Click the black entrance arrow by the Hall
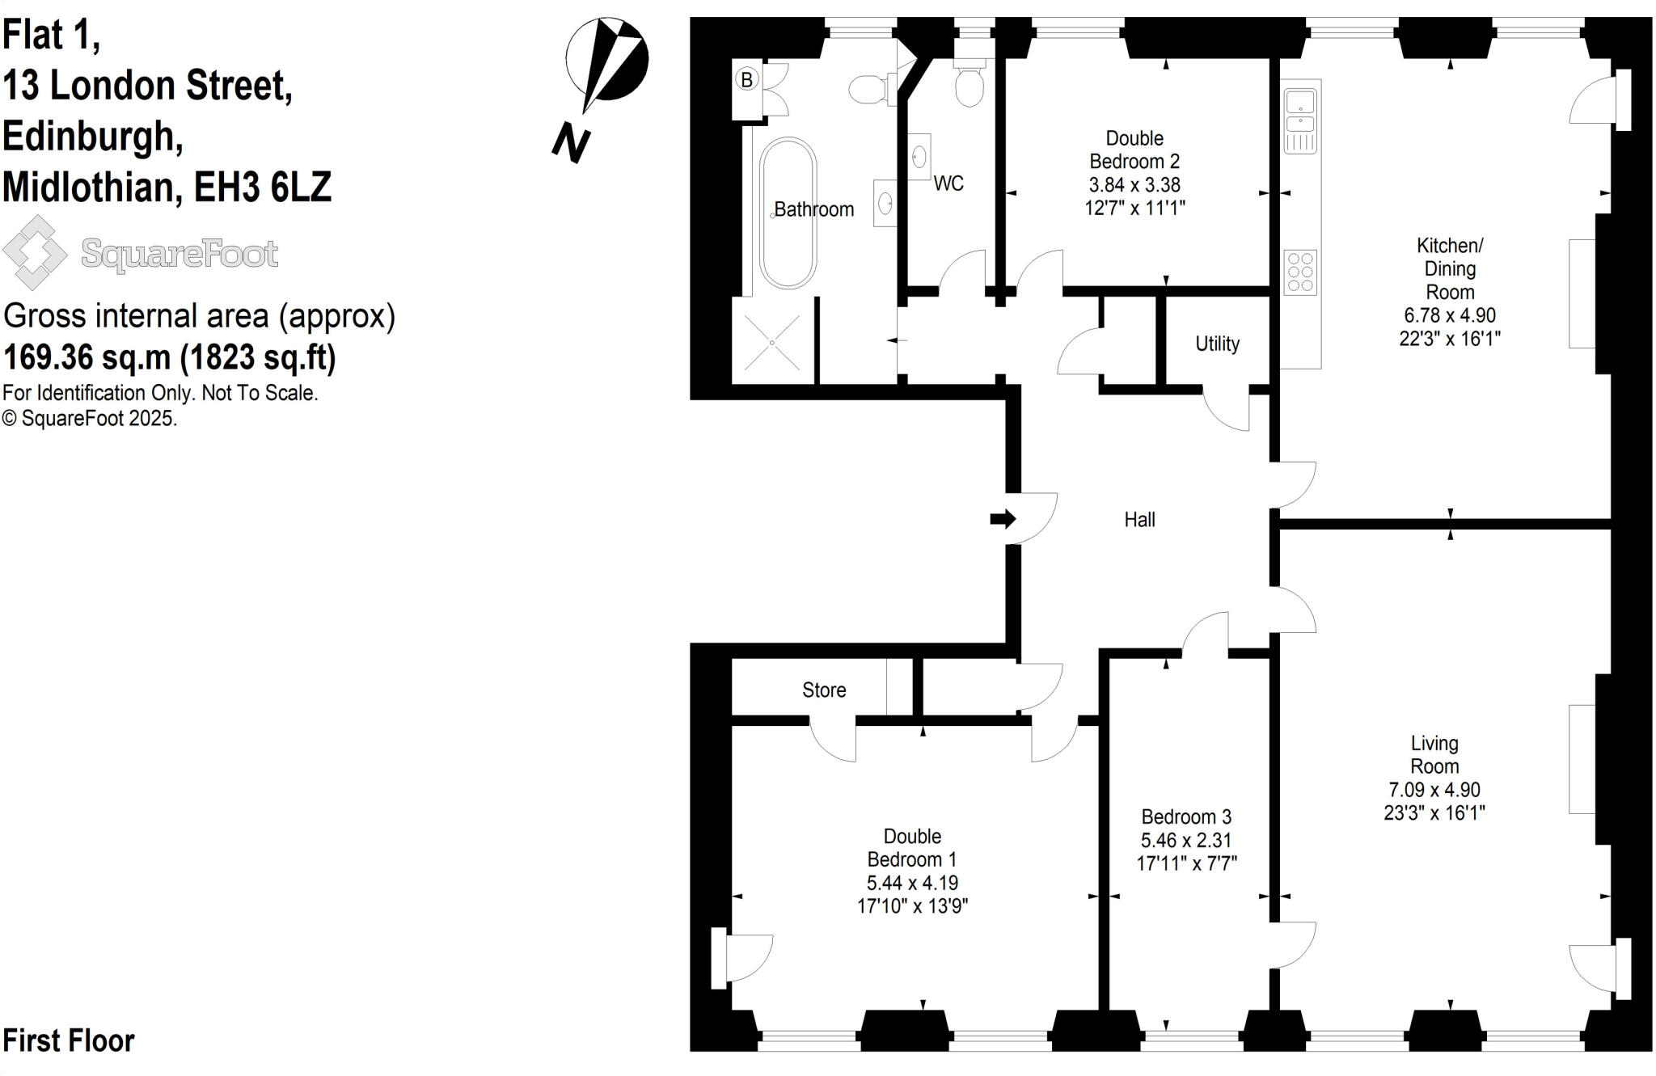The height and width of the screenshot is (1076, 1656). coord(1003,518)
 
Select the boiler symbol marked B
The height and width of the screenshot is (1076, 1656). coord(747,80)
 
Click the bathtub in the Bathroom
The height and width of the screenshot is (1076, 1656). coord(788,213)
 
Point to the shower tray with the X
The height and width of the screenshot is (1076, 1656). coord(772,343)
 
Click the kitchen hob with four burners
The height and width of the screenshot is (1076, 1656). coord(1300,272)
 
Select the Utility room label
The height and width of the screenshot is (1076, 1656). coord(1217,344)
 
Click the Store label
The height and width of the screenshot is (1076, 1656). coord(824,690)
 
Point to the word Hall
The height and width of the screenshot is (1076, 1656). coord(1139,520)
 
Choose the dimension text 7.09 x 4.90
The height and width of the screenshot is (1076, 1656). coord(1434,790)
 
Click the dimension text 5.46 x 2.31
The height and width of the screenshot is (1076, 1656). coord(1186,840)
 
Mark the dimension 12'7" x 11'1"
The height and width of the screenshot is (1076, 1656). coord(1134,208)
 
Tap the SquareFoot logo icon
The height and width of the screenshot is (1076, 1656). coord(34,252)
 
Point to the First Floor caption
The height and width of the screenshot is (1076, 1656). coord(69,1040)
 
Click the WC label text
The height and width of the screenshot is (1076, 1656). coord(948,184)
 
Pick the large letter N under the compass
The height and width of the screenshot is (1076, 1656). coord(572,144)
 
